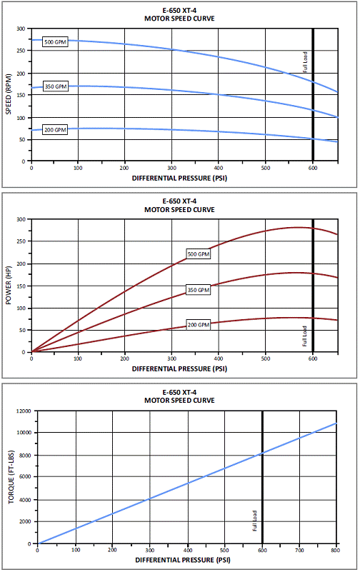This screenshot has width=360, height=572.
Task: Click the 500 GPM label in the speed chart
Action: [56, 42]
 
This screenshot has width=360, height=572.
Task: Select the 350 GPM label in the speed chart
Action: [56, 86]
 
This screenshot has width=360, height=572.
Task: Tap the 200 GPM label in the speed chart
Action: [56, 129]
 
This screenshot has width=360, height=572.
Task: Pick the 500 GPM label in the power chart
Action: [199, 254]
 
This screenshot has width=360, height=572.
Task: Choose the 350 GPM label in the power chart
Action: [199, 290]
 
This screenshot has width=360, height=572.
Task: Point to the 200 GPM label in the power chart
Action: [199, 325]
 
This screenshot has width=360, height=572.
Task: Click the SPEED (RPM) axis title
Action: [9, 94]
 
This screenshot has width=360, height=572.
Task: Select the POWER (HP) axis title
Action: [9, 285]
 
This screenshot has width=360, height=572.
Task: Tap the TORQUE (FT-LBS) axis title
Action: [11, 477]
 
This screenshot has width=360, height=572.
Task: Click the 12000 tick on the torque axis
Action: [24, 411]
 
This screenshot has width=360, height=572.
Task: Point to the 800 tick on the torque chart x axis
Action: [336, 550]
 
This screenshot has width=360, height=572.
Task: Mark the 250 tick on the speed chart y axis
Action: [21, 51]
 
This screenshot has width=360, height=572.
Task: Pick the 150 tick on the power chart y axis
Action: [21, 286]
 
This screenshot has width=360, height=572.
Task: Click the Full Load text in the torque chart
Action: [254, 521]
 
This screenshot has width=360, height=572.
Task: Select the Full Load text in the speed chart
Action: [305, 61]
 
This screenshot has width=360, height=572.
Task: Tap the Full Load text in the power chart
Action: [304, 336]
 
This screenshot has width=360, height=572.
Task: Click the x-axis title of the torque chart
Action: [183, 560]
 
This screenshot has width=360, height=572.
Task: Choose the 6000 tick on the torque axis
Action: [26, 477]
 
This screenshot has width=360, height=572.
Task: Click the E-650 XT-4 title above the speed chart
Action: [179, 11]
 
